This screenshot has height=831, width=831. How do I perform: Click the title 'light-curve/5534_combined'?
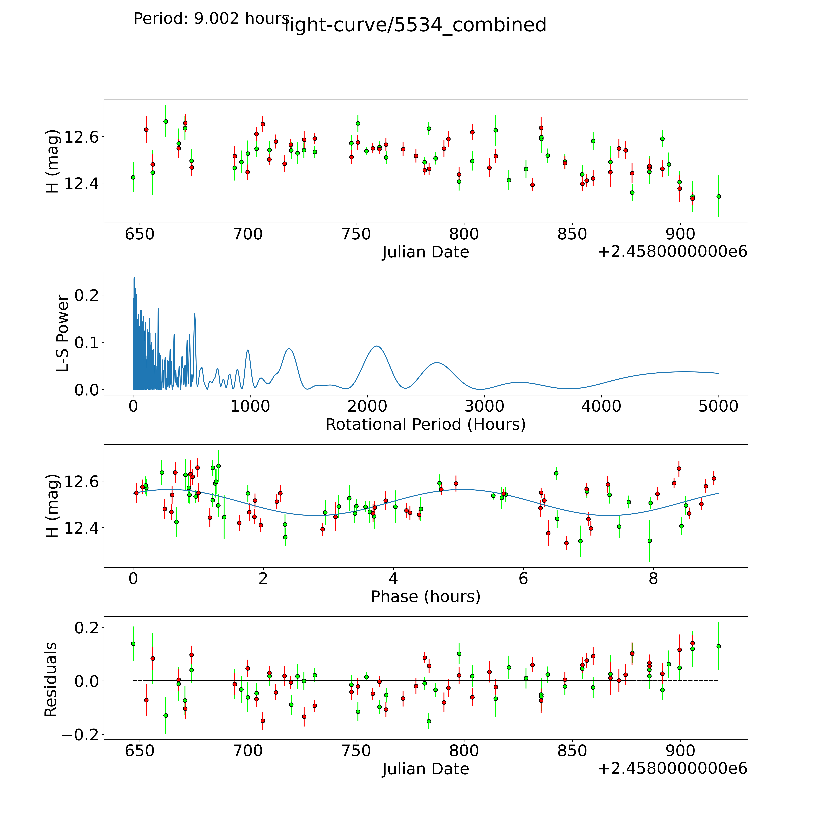pos(415,25)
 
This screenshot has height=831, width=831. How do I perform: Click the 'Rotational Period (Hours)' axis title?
pos(425,425)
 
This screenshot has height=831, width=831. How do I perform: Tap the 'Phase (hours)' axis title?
pos(425,597)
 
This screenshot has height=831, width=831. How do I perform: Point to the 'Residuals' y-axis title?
pos(51,680)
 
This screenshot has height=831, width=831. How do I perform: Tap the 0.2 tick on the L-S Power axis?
pos(86,295)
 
